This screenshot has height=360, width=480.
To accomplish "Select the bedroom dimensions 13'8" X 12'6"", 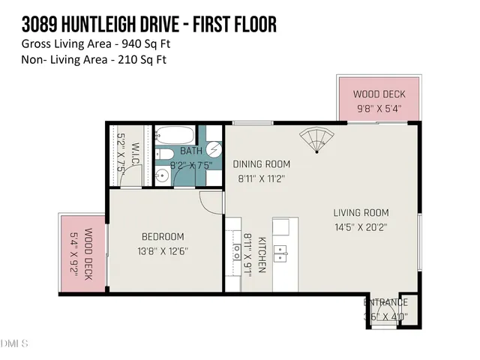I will click(x=162, y=251).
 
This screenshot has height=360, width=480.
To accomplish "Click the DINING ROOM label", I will click(x=261, y=164).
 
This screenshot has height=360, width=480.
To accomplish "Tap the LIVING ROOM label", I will click(x=361, y=212).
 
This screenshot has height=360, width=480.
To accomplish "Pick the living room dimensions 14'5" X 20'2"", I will click(x=361, y=227).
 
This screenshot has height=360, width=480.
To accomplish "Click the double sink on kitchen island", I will click(x=280, y=252).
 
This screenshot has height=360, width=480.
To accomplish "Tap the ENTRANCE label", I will click(x=385, y=302).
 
